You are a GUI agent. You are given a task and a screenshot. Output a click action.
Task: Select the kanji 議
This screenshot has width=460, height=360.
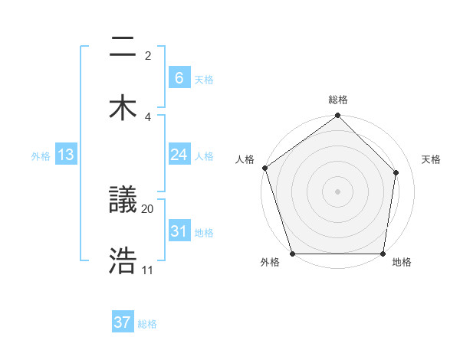click(x=123, y=201)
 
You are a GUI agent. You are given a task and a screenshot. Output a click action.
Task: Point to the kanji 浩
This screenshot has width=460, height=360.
click(x=123, y=261)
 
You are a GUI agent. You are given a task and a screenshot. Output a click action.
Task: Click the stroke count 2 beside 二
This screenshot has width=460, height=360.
click(x=148, y=56)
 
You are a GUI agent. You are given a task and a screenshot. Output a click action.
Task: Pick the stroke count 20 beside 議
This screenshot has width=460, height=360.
click(x=148, y=208)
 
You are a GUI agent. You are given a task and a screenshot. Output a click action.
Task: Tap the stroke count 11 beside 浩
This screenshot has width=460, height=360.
click(x=148, y=270)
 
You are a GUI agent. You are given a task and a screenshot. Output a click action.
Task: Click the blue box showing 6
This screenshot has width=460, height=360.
click(x=179, y=77)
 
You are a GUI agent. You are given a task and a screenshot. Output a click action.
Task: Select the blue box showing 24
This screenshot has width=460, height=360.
click(x=179, y=155)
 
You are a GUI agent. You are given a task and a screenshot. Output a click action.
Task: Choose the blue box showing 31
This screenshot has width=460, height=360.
click(x=179, y=231)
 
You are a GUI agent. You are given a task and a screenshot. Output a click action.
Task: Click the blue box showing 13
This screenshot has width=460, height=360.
click(x=66, y=155)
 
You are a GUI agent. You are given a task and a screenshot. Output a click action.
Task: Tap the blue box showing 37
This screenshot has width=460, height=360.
click(x=123, y=322)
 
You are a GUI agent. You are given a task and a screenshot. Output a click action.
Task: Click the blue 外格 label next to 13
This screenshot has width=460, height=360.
click(x=41, y=155)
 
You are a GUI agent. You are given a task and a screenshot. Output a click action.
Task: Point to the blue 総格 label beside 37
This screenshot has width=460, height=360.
click(x=147, y=324)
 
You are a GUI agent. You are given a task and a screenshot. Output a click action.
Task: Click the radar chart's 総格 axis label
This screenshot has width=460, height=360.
click(x=338, y=100)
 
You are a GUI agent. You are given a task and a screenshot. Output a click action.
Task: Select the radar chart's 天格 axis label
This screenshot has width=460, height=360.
click(x=432, y=159)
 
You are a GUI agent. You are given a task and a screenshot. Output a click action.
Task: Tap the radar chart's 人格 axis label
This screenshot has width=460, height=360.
click(x=245, y=159)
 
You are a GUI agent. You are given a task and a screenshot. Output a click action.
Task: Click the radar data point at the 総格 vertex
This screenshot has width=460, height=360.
click(x=338, y=116)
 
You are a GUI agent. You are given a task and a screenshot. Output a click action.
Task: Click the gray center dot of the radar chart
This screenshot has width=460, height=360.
click(x=338, y=191)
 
